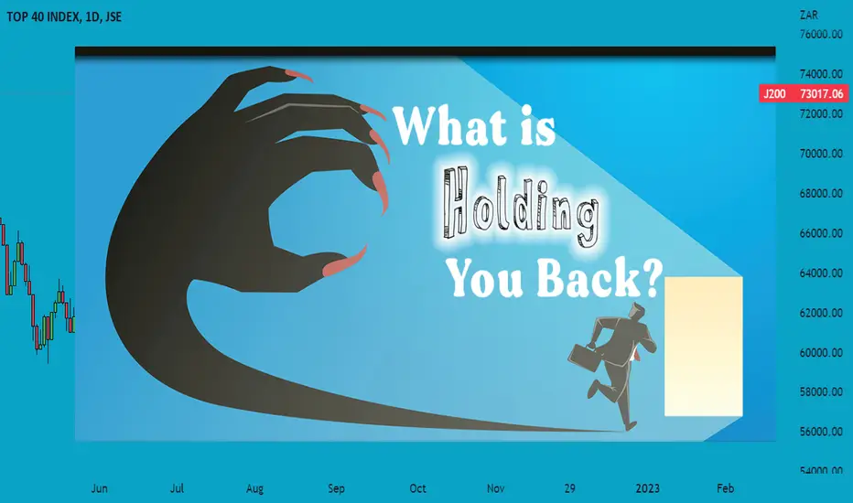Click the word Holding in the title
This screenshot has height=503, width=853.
click(521, 209)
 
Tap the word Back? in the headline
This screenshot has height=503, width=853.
click(599, 277)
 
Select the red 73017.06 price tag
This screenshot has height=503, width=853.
click(803, 93)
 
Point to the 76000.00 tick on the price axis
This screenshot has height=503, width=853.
click(821, 34)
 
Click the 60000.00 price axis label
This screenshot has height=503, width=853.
click(821, 352)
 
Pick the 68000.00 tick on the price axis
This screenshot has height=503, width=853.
click(821, 193)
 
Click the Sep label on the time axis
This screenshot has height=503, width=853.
click(336, 488)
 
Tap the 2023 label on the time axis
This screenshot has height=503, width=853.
click(647, 488)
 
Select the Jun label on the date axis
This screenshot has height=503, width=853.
click(99, 488)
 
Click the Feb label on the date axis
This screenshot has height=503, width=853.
click(725, 488)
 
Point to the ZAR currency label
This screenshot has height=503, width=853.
click(809, 16)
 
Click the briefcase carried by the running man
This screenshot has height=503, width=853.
click(583, 356)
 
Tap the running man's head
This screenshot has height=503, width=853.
click(637, 312)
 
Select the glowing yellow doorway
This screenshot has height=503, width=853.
click(704, 347)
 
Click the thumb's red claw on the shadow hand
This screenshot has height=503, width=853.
click(344, 262)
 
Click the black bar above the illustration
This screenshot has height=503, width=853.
click(425, 51)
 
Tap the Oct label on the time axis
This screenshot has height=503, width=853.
click(417, 488)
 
